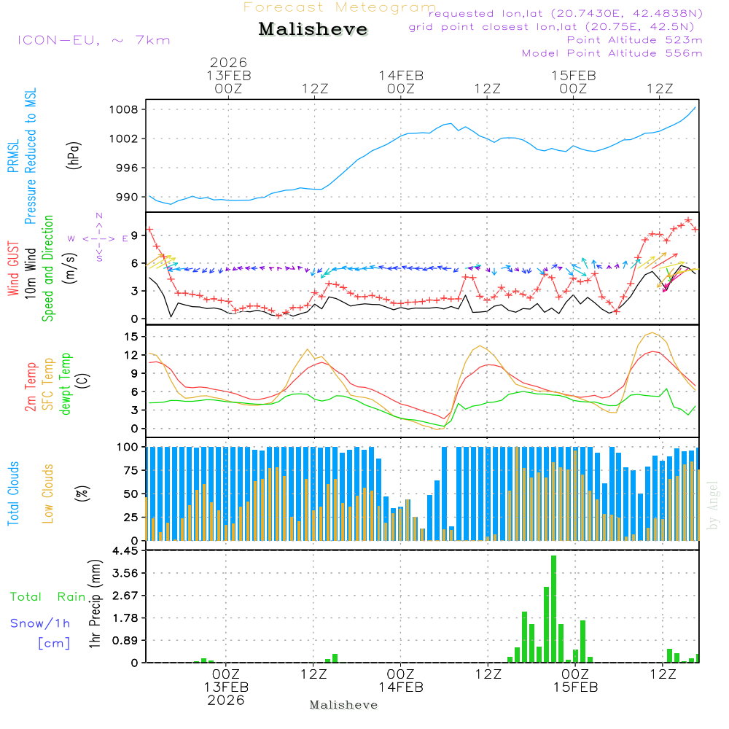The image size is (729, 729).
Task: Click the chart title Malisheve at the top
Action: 313,30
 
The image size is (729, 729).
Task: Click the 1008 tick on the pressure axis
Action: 125,110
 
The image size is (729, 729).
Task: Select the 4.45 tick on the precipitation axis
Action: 125,551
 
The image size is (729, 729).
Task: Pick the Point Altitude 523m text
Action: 634,40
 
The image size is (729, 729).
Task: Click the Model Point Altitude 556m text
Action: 612,53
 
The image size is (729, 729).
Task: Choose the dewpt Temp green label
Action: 66,384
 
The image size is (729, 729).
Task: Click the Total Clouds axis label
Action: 13,494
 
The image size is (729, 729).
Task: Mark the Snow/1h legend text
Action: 41,623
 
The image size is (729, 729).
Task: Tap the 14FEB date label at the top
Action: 401,75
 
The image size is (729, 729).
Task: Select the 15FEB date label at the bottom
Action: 574,687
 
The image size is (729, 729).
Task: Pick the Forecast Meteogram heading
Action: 340,7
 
